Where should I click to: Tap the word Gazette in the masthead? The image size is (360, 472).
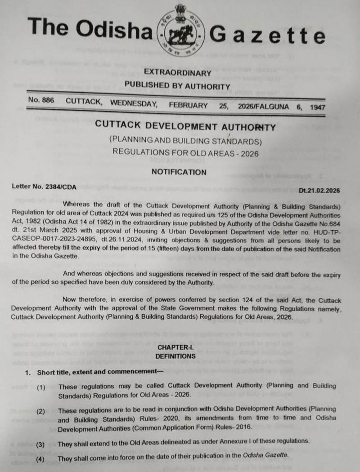tap(267, 34)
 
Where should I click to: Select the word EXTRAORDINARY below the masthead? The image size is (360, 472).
tap(177, 73)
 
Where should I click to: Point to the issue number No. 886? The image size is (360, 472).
tap(41, 101)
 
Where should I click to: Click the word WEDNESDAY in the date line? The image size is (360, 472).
tap(134, 103)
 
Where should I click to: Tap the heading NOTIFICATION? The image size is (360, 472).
tap(179, 172)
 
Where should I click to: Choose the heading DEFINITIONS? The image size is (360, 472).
tap(175, 356)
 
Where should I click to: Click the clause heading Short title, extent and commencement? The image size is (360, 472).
tap(100, 372)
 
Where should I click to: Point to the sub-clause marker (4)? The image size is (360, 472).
tap(40, 459)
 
